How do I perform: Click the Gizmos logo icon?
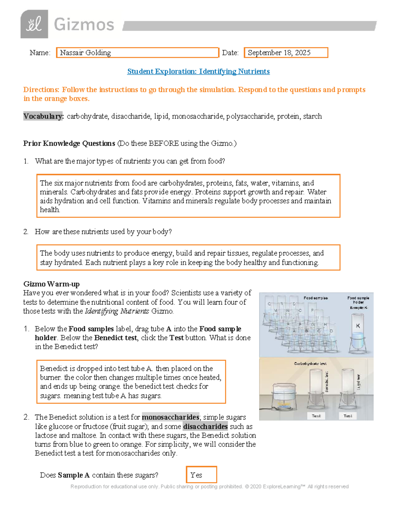pos(34,24)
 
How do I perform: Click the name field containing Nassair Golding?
pos(138,53)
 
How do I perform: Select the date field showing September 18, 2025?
pos(286,53)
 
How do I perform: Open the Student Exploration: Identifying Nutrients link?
pos(198,71)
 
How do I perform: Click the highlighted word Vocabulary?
pos(43,116)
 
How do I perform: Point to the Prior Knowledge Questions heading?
pos(69,143)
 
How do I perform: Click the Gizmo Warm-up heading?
pos(51,284)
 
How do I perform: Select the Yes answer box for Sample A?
pos(201,475)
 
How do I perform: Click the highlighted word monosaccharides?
pos(171,417)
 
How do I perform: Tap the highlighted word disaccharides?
pos(205,426)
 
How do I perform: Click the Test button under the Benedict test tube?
pos(316,416)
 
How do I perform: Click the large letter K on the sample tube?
pos(358,326)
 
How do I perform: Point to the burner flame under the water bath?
pos(284,404)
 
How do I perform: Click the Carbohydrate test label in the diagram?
pos(310,363)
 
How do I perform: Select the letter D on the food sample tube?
pos(331,331)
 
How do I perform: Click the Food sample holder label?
pos(358,300)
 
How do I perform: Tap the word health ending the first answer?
pos(50,210)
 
